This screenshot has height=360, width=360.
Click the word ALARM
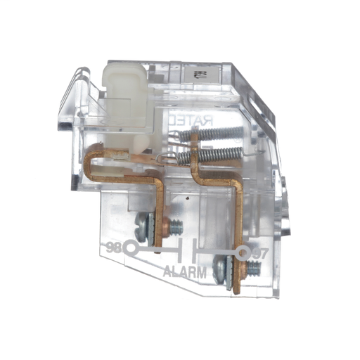click(x=186, y=272)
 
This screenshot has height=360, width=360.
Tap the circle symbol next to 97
click(x=242, y=252)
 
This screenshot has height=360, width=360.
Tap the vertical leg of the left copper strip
click(x=160, y=211)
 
